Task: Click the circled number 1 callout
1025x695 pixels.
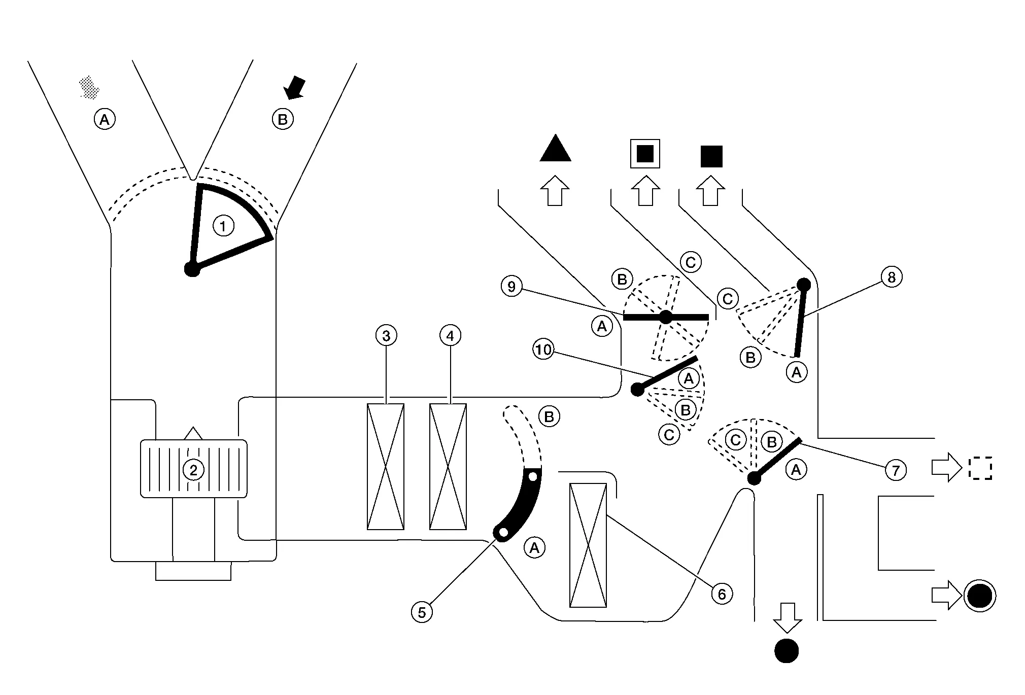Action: [223, 226]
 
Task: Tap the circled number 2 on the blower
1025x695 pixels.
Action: [193, 470]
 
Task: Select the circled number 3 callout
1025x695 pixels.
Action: [386, 335]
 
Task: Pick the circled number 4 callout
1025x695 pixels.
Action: [450, 335]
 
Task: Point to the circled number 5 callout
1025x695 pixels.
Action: [422, 612]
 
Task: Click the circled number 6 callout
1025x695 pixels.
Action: [722, 594]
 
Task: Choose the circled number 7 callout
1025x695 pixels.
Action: [896, 471]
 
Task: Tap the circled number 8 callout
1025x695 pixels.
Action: [892, 277]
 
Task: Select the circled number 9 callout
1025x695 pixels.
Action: [511, 287]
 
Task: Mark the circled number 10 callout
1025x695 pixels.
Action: [543, 350]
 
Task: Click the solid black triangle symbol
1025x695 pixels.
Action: [555, 148]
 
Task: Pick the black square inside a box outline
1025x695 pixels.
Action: [645, 153]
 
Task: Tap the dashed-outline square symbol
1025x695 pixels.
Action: [980, 469]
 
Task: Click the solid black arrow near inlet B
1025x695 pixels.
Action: [294, 88]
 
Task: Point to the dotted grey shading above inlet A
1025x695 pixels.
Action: [89, 87]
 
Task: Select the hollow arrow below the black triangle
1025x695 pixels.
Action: [555, 191]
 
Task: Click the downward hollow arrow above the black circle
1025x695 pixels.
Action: [787, 618]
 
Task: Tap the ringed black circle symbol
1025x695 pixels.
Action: [980, 596]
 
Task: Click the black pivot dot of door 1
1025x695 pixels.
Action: [192, 269]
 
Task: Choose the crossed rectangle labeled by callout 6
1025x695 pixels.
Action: [588, 545]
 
